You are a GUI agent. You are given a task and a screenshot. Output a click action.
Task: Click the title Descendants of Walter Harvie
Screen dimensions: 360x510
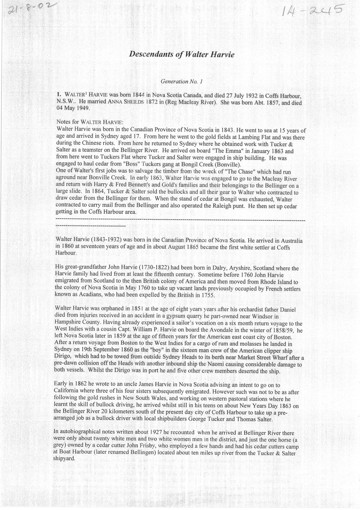click(182, 54)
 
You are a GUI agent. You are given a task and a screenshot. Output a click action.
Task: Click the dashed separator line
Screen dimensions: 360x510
click(180, 220)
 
